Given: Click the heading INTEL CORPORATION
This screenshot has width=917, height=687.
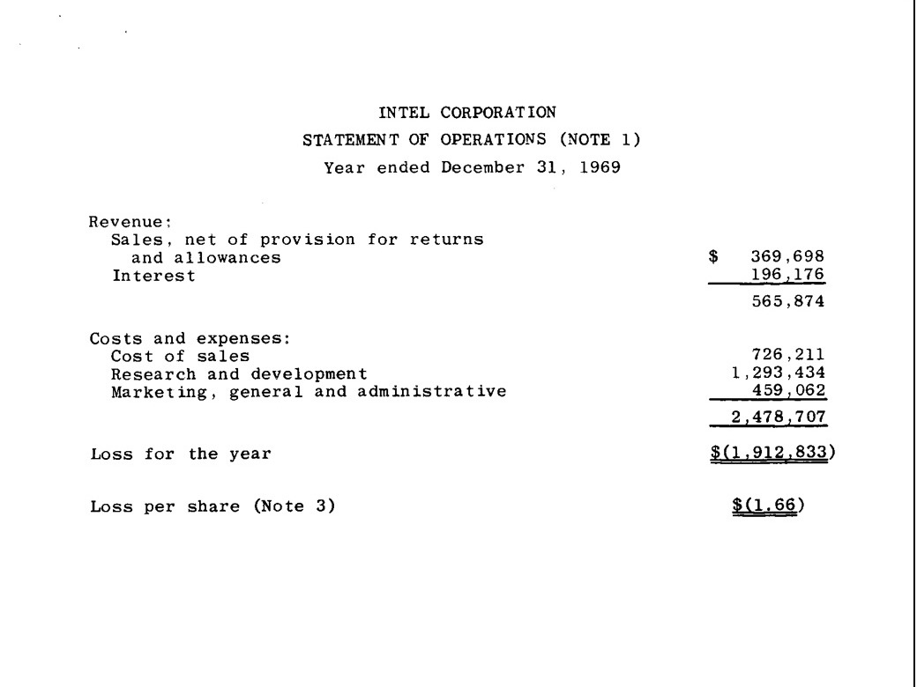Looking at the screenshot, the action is coord(466,112).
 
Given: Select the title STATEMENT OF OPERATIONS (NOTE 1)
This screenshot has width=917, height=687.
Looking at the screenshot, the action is coord(466,140).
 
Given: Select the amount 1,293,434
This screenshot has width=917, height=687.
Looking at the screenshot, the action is coord(776,373).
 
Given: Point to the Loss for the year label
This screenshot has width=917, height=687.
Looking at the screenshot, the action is coord(180,454).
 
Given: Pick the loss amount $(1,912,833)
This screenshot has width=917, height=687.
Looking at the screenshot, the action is coord(776,454).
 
